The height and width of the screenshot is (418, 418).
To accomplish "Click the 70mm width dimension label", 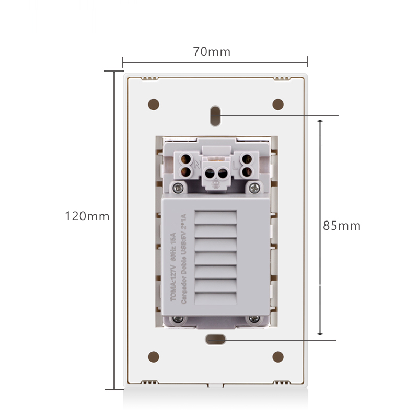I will (212, 52).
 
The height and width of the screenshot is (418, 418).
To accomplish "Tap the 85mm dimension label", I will (342, 226).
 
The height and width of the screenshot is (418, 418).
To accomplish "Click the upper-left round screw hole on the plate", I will (154, 104).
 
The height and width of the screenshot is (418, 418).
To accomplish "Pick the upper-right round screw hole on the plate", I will (278, 104).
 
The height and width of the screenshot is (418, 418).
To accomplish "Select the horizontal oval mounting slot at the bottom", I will (215, 340).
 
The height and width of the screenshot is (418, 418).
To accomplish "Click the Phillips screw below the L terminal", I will (254, 187).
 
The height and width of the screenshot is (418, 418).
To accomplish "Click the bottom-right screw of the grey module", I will (254, 319).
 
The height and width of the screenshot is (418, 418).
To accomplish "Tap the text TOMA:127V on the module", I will (175, 285).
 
